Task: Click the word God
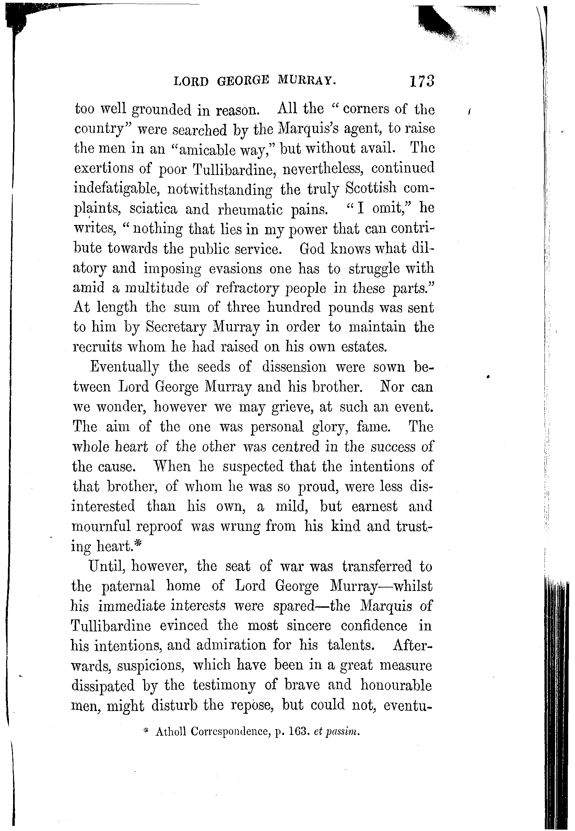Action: click(312, 249)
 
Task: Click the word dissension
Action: click(294, 367)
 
